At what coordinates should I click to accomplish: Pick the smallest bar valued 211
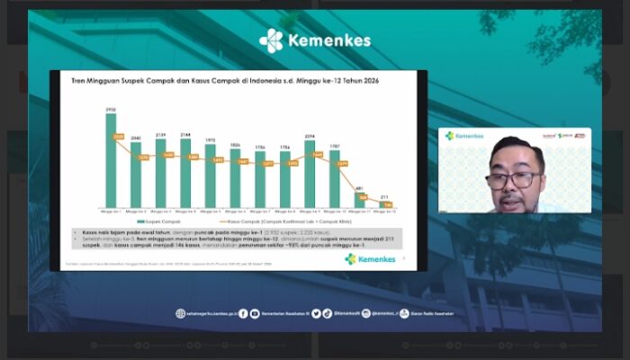tap(384, 203)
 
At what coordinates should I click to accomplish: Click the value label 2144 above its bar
tap(185, 134)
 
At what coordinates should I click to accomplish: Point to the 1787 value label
tap(334, 143)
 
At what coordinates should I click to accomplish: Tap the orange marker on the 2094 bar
tap(317, 155)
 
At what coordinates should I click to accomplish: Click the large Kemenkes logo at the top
tap(315, 40)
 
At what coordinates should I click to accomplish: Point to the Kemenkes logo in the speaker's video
tap(464, 136)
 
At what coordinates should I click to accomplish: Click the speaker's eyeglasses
tap(513, 178)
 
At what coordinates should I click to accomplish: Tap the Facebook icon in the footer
tap(243, 313)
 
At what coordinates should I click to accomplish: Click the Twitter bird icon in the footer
tap(304, 313)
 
